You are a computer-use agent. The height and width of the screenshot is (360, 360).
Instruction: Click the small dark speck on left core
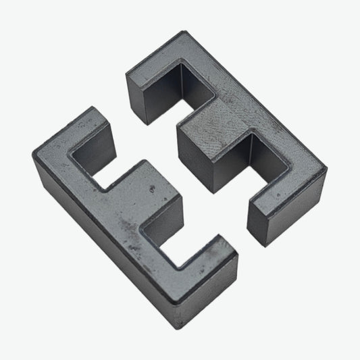point(153,186)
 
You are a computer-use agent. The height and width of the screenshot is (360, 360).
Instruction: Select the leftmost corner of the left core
point(33,154)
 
